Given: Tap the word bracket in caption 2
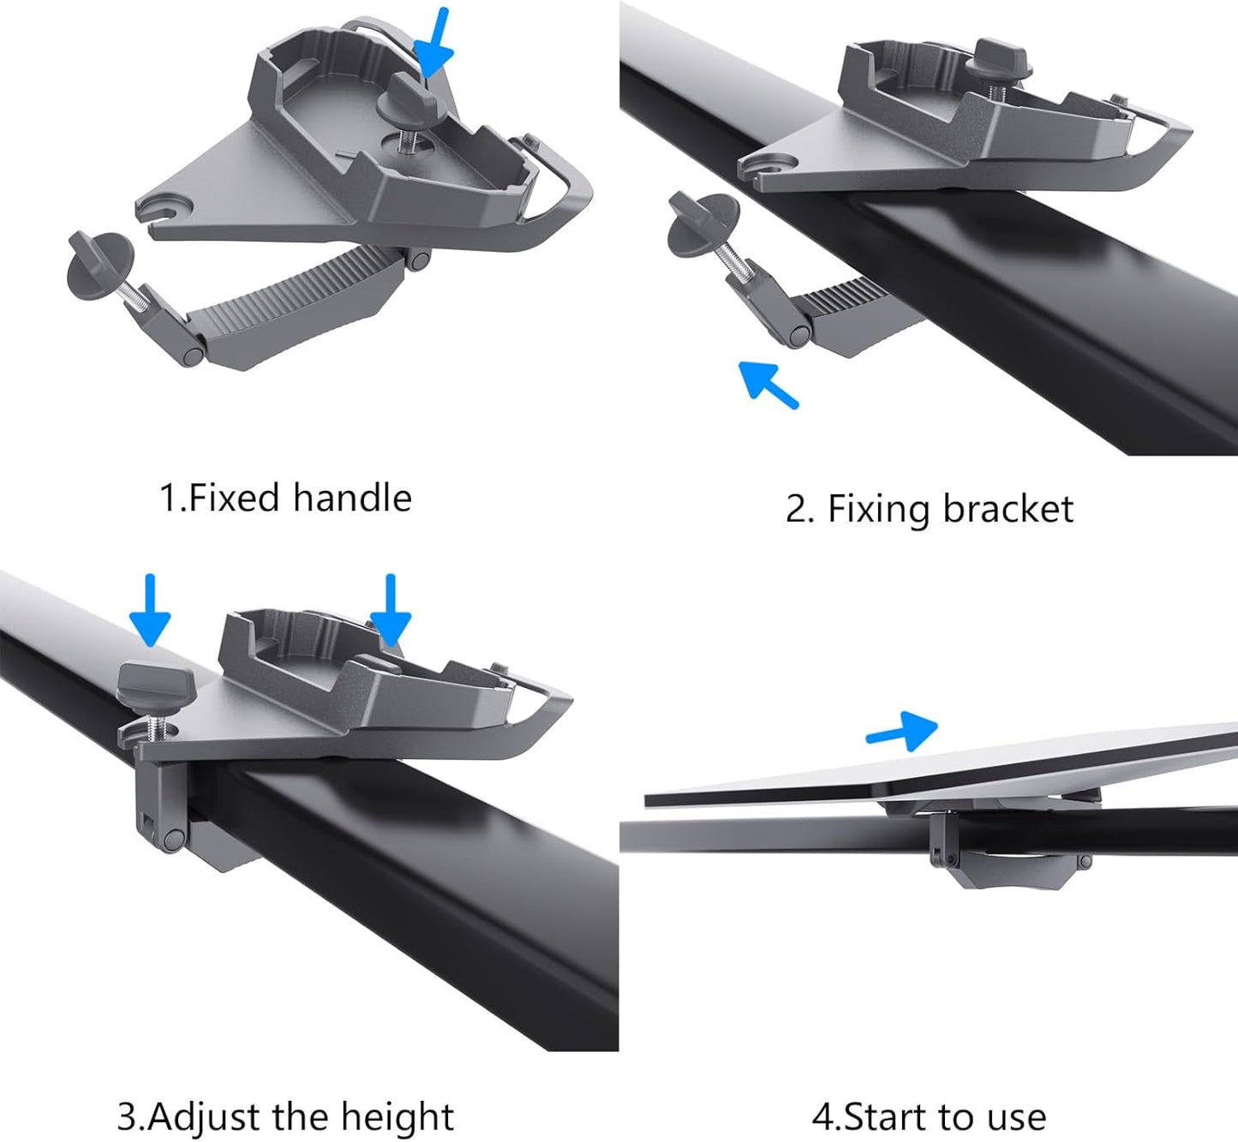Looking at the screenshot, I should click(1008, 509).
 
